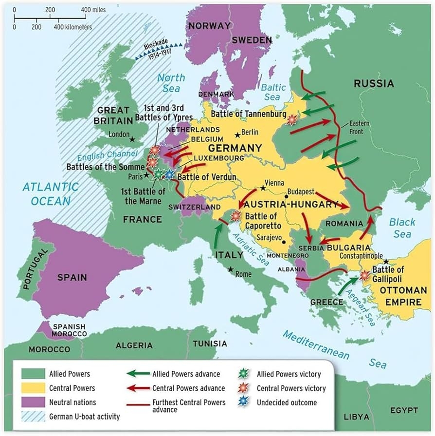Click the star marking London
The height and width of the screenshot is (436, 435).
pos(132,139)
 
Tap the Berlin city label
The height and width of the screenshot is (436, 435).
pos(250,132)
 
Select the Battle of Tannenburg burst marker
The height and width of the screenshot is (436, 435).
pos(292,119)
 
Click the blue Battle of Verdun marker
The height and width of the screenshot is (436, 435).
pos(169,174)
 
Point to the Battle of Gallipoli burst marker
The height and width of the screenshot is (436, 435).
pos(364,276)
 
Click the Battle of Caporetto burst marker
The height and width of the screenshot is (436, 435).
pos(236,215)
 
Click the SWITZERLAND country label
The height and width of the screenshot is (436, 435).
pos(191,207)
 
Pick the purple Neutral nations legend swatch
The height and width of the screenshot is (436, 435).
pos(31,402)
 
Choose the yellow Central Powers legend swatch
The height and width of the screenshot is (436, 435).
pos(31,388)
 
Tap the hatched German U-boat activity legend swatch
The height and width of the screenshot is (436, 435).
pos(31,417)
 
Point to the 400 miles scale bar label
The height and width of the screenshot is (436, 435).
pos(92,9)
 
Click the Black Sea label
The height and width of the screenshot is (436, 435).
pos(402,228)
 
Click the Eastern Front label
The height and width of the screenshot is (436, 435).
pos(359,128)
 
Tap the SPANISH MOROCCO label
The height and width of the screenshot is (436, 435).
pos(70,330)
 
